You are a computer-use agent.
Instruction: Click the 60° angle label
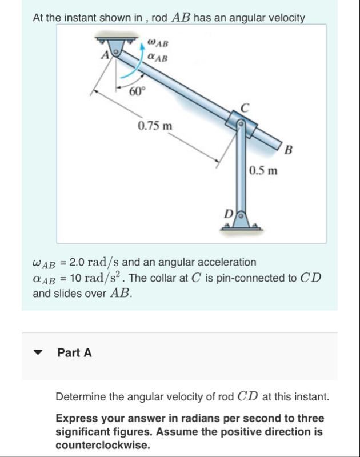137,91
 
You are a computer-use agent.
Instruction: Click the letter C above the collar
245,107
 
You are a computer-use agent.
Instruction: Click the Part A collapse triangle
39,353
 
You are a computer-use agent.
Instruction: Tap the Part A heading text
74,353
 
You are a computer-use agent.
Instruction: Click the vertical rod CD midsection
242,171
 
